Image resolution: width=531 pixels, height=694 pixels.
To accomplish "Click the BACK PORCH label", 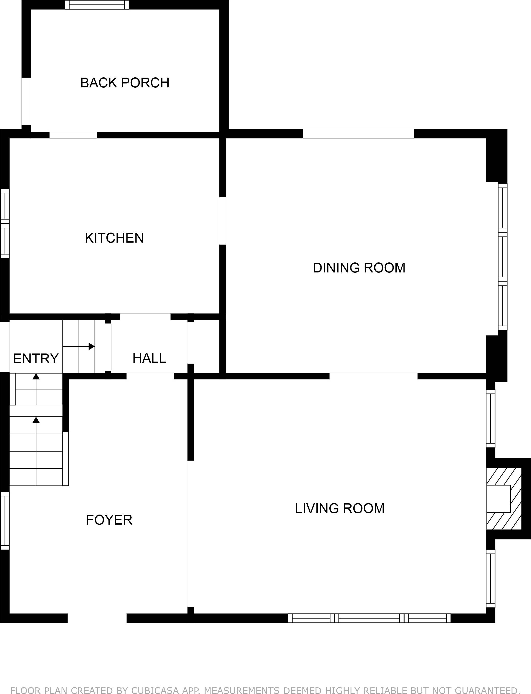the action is (125, 83).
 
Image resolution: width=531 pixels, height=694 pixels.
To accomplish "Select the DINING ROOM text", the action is (359, 268).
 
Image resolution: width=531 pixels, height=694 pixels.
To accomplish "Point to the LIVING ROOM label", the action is (340, 508).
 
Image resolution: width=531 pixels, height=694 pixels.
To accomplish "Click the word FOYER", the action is (109, 520).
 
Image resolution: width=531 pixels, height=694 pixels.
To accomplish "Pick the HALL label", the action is (149, 358).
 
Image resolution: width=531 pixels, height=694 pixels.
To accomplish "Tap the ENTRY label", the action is (36, 359).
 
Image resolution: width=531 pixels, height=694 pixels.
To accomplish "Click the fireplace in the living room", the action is (504, 503).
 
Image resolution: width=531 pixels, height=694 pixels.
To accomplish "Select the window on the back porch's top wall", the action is (97, 5).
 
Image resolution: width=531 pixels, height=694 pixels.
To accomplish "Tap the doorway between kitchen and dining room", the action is (222, 221).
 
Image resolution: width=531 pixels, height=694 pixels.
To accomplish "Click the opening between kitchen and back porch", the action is (73, 135).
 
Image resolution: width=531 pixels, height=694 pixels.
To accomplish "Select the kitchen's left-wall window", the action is (5, 223).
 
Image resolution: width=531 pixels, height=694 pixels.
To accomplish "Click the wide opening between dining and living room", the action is (374, 376).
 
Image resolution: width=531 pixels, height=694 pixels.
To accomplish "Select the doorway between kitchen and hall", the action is (145, 317).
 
